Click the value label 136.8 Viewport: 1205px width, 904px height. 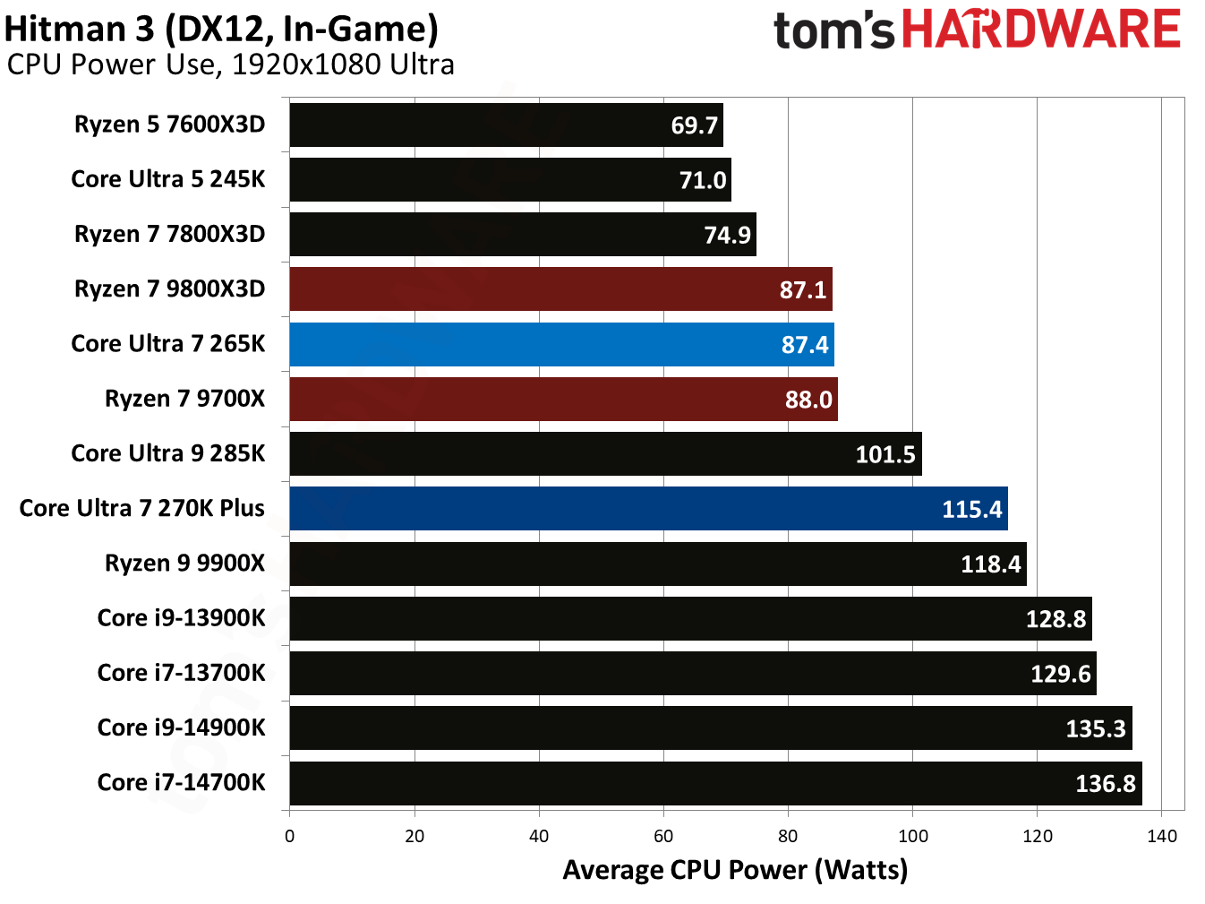[x=1105, y=784]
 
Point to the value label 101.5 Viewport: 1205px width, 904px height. [x=885, y=454]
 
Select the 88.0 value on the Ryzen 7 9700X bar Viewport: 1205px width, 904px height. [x=808, y=400]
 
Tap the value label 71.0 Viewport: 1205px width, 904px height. [x=702, y=180]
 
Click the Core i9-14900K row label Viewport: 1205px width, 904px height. [x=181, y=728]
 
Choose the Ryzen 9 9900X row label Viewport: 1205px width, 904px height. [x=184, y=563]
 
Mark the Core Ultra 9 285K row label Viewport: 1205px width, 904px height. [x=167, y=453]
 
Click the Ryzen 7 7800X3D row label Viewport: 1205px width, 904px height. [x=169, y=234]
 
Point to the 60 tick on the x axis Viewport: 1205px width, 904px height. [x=663, y=836]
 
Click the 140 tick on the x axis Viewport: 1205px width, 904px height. [x=1161, y=836]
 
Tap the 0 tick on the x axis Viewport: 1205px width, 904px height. [x=289, y=836]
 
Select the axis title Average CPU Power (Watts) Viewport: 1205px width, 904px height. [x=734, y=870]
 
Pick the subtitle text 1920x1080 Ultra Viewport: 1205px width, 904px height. [x=342, y=65]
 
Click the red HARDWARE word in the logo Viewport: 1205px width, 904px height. [x=1040, y=30]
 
